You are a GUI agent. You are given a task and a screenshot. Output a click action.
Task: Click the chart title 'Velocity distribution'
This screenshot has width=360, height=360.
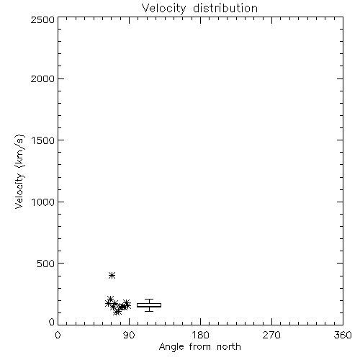pos(199,8)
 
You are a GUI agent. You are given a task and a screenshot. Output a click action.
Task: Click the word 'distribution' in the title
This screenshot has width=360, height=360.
pos(225,8)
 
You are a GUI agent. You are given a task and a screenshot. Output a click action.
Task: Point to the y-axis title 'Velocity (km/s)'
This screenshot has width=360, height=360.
pos(19,171)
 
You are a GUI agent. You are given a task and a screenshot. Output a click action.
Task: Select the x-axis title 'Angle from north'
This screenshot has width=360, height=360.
pos(199,347)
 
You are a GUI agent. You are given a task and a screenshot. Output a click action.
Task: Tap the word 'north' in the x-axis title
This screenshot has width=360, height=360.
pos(229,347)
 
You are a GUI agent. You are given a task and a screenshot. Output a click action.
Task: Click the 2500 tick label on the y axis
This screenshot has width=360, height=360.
pos(42,19)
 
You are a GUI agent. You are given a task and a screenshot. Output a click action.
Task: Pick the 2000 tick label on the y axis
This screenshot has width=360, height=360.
pos(42,79)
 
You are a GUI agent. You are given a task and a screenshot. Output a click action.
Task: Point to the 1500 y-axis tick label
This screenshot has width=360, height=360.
pos(43,140)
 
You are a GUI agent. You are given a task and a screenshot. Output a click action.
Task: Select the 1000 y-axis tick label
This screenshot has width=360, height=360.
pos(43,202)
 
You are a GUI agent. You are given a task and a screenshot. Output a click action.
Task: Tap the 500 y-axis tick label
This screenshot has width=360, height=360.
pos(46,264)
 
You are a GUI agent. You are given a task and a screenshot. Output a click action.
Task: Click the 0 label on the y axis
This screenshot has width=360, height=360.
pos(52,322)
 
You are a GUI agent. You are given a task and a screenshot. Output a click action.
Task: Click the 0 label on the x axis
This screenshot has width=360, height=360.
pos(58,335)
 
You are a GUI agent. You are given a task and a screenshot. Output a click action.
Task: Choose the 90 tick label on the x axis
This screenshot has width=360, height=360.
pos(129,335)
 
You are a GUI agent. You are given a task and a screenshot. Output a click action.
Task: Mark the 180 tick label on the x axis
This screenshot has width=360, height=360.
pos(200,335)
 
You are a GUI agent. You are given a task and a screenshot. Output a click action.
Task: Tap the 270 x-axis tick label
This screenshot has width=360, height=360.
pos(271,335)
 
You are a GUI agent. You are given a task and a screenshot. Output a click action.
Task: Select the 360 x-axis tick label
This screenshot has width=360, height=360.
pos(343,335)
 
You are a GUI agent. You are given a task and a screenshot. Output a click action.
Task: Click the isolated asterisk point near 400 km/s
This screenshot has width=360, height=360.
pos(112,275)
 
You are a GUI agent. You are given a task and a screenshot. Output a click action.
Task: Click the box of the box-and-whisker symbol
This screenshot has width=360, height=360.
pos(149,305)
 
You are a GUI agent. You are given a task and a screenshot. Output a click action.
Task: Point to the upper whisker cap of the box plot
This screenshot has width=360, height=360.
pos(149,299)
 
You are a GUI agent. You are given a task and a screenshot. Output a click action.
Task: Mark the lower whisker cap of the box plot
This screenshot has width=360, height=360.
pos(149,311)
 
